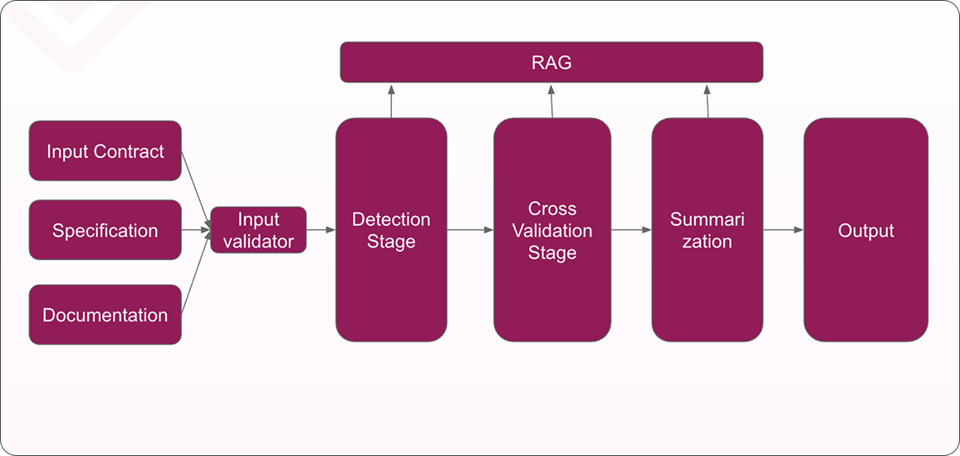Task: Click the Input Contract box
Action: [105, 151]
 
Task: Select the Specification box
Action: [105, 230]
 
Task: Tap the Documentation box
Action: [105, 315]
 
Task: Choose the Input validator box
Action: [258, 230]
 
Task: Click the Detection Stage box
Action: [391, 230]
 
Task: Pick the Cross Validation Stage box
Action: [552, 230]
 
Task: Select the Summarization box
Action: [707, 230]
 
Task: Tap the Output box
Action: [865, 230]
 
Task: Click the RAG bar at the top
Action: [551, 62]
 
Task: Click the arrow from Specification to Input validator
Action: [196, 230]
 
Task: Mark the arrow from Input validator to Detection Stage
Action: [321, 230]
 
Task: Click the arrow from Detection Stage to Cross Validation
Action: [470, 230]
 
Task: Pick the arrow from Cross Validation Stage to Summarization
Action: [629, 230]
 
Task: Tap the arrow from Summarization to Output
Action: [782, 230]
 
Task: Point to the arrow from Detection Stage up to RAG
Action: [391, 101]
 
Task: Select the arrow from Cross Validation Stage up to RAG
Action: [551, 101]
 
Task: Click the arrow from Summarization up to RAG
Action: [707, 101]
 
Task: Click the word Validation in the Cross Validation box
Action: [552, 230]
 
